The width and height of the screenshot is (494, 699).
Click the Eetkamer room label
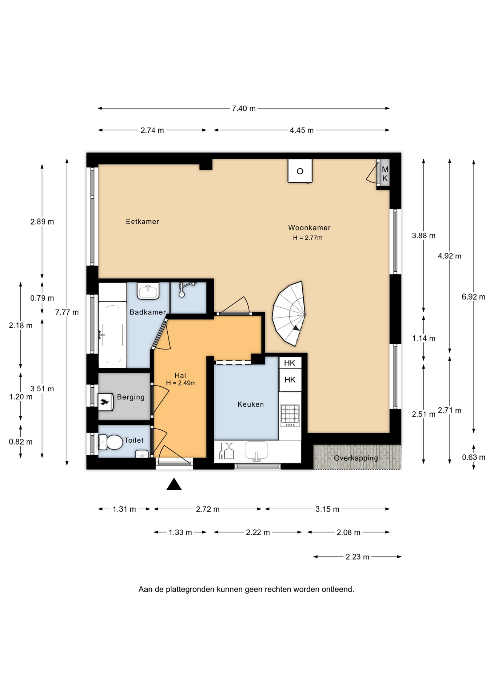pyautogui.click(x=142, y=221)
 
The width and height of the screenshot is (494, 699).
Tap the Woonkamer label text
pyautogui.click(x=309, y=228)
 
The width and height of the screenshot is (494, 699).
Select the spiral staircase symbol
pyautogui.click(x=289, y=313)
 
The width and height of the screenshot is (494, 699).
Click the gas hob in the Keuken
pyautogui.click(x=290, y=415)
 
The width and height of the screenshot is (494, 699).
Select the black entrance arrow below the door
pyautogui.click(x=174, y=484)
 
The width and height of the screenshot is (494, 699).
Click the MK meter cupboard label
pyautogui.click(x=385, y=174)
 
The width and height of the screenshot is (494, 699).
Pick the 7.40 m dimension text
pyautogui.click(x=244, y=108)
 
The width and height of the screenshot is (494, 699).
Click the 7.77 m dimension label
pyautogui.click(x=67, y=312)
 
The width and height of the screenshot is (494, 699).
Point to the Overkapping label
pyautogui.click(x=356, y=458)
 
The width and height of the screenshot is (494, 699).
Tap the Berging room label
pyautogui.click(x=131, y=397)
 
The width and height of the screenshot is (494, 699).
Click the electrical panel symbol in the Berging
pyautogui.click(x=105, y=402)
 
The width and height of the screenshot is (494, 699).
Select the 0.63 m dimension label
pyautogui.click(x=474, y=457)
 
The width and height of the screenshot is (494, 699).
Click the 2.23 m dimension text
pyautogui.click(x=357, y=557)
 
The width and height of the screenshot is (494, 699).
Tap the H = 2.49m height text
pyautogui.click(x=181, y=383)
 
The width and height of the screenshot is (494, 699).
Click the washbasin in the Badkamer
pyautogui.click(x=148, y=291)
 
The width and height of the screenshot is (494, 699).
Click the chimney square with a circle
pyautogui.click(x=300, y=171)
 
